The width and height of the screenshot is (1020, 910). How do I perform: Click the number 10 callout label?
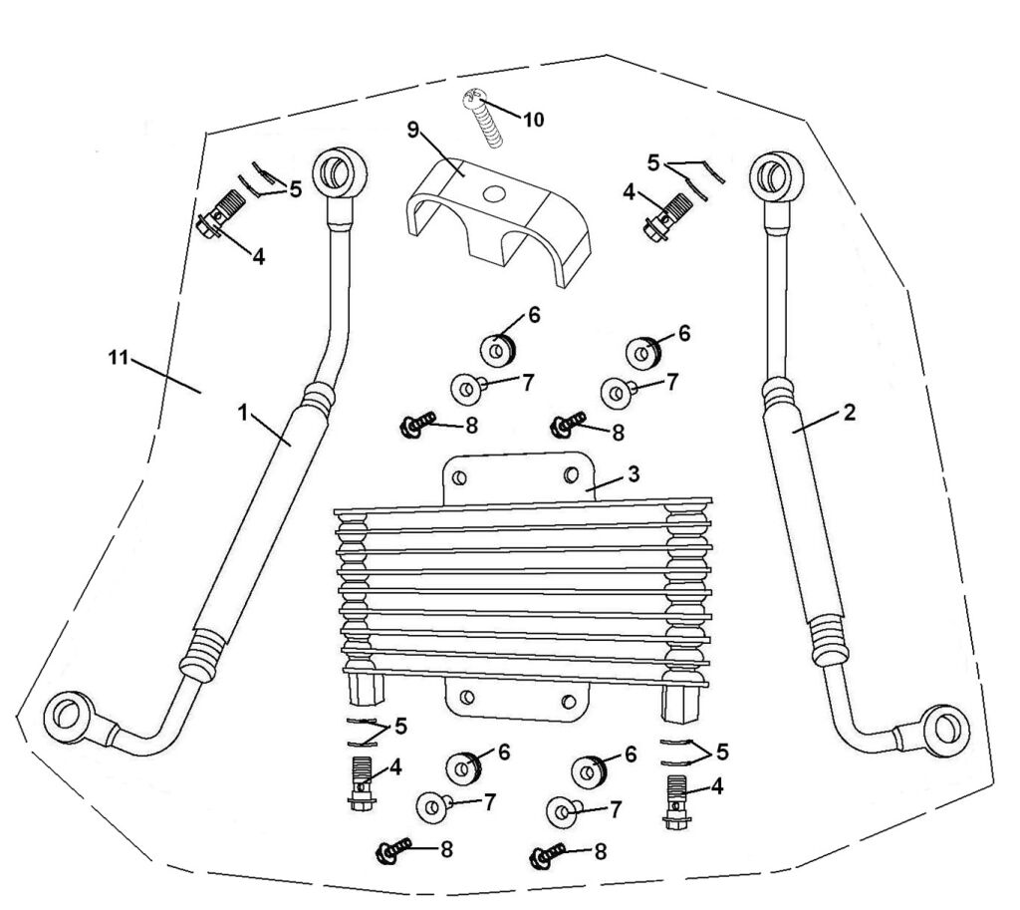click(534, 120)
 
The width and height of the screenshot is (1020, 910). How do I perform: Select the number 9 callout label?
click(413, 130)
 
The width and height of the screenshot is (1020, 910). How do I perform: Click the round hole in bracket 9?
click(494, 192)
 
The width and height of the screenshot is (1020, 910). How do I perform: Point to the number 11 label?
click(118, 357)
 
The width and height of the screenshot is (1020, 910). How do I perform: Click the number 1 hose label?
click(243, 412)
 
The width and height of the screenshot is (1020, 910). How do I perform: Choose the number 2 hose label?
click(850, 412)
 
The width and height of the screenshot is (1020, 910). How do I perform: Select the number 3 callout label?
click(635, 473)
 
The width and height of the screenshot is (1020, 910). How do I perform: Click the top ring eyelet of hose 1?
click(339, 173)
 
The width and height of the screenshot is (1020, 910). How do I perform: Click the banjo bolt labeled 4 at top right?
click(663, 217)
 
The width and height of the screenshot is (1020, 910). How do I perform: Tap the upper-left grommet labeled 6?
click(499, 352)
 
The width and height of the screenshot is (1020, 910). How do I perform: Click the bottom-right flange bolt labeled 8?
click(548, 855)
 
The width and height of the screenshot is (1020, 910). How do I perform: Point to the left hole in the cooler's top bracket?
click(459, 478)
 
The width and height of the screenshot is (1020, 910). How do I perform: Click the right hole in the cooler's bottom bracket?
click(568, 702)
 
